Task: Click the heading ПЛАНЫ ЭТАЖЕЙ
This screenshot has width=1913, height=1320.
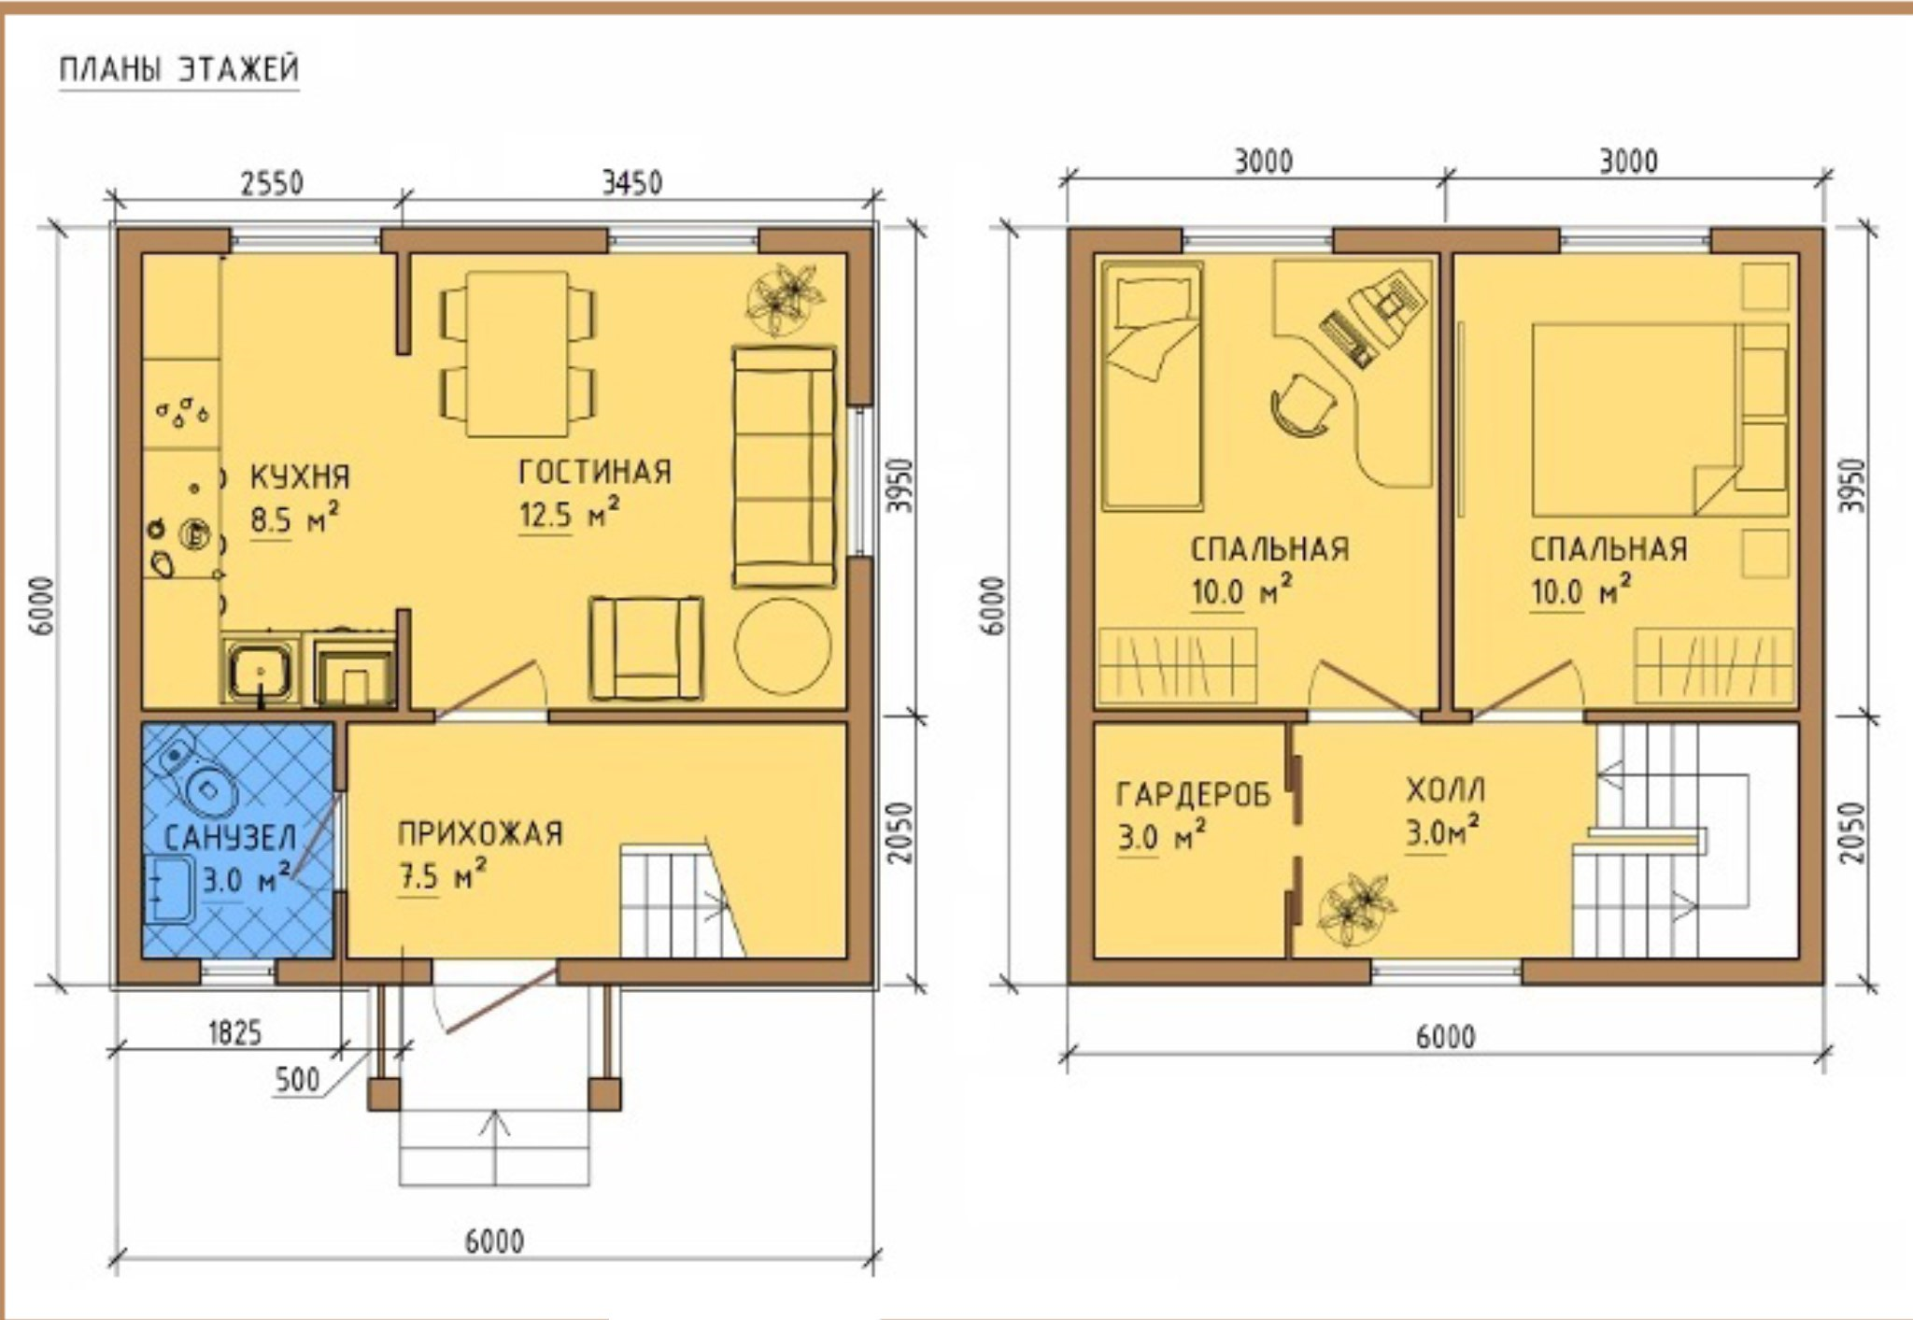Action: coord(179,70)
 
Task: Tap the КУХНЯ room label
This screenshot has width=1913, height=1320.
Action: coord(300,476)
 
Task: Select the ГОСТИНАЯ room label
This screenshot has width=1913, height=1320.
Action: coord(595,472)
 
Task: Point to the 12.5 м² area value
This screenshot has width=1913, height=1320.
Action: coord(569,514)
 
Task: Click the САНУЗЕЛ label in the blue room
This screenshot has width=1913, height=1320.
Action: coord(231,837)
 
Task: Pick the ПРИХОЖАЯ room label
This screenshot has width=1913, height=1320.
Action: coord(480,833)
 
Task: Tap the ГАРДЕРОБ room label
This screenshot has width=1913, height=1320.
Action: coord(1194,794)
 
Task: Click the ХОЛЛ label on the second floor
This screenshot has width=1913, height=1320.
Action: coord(1445,790)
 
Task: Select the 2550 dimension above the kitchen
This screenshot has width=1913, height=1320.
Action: coord(272,182)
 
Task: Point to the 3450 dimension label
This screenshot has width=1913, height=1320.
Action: coord(631,182)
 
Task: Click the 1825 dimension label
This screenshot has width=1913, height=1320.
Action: coord(234,1033)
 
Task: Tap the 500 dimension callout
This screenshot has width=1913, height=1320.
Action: coord(297,1080)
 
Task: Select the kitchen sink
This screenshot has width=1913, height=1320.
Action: coord(260,669)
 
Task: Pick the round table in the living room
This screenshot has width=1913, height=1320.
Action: coord(783,646)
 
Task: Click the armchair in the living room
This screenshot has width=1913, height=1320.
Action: coord(646,648)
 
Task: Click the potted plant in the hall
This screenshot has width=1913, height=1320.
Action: coord(1357,905)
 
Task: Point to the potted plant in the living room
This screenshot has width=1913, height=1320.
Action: coord(787,298)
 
